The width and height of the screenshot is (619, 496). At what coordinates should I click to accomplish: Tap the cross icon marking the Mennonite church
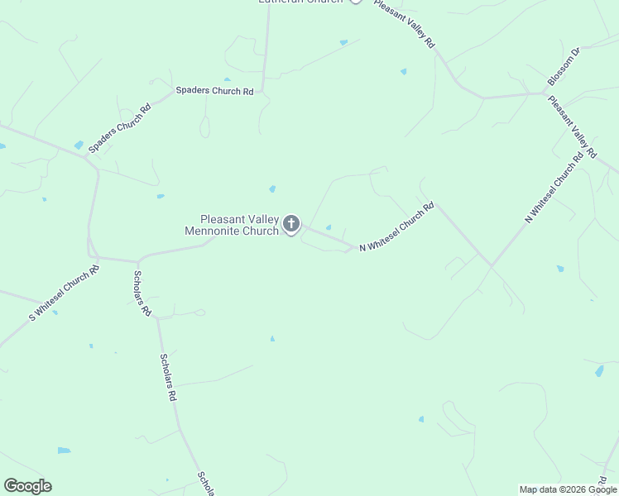291,223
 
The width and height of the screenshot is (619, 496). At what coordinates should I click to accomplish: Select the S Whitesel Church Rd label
65,292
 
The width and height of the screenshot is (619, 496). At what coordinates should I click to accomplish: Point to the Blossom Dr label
565,65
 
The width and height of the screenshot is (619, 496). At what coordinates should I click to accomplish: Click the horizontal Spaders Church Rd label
214,91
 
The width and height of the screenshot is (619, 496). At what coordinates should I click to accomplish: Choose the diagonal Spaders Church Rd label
121,128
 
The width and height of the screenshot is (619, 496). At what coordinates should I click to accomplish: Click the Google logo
27,486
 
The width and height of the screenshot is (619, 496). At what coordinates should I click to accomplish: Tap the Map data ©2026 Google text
568,489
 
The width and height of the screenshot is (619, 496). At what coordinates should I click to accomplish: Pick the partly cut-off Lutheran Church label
300,2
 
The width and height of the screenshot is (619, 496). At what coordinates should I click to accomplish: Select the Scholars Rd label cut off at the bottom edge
206,484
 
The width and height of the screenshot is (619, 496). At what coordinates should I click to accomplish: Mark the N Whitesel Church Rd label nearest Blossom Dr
554,188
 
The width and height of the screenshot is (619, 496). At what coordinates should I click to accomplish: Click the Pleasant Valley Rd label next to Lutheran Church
404,23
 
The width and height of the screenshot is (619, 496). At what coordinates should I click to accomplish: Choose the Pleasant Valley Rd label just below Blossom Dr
571,126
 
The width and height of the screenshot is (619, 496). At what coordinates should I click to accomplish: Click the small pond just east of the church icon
329,228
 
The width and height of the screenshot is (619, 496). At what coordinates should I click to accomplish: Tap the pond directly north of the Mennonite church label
272,189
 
